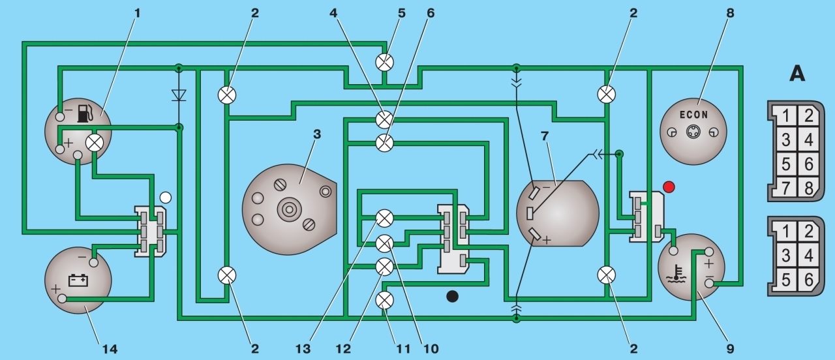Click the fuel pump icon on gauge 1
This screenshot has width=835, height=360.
click(x=85, y=113)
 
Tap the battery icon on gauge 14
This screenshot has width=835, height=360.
click(x=79, y=280)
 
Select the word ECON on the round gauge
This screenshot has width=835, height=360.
click(x=693, y=115)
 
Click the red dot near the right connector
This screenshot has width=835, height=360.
click(x=669, y=187)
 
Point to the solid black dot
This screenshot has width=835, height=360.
click(x=452, y=296)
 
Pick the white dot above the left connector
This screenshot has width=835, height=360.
click(x=165, y=198)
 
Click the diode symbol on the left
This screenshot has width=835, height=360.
click(x=179, y=95)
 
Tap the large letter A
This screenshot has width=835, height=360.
click(x=797, y=74)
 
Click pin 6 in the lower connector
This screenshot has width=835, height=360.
click(x=808, y=280)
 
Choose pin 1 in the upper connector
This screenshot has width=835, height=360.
click(x=785, y=116)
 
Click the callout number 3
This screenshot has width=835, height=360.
click(x=316, y=134)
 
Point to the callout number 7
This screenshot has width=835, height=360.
click(x=545, y=136)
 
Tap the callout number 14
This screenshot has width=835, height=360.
click(x=110, y=349)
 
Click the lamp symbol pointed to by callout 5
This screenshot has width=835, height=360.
click(x=385, y=62)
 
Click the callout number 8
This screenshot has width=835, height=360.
click(x=730, y=13)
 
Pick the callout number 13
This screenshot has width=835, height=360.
click(x=303, y=349)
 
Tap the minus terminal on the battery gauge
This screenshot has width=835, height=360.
click(x=94, y=262)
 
